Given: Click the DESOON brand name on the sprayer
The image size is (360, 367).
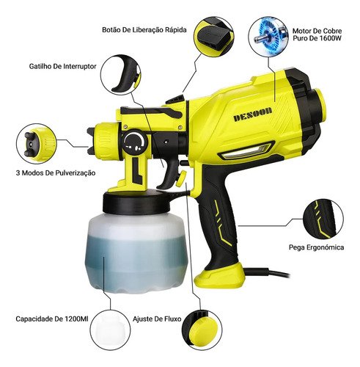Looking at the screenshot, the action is click(x=253, y=115).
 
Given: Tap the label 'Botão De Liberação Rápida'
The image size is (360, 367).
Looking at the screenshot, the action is click(x=144, y=30).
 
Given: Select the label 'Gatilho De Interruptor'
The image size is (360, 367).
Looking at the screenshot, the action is click(x=62, y=66).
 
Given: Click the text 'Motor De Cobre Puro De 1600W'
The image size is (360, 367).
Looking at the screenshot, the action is click(x=317, y=34).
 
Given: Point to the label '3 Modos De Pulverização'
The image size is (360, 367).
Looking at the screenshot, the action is click(x=56, y=172).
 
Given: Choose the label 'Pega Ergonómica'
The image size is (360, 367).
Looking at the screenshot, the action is click(x=316, y=247).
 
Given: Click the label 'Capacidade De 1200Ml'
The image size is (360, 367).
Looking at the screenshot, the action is click(x=52, y=319).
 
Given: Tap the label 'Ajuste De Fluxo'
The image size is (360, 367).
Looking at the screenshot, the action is click(x=157, y=319).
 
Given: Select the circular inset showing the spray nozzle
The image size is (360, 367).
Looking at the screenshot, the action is click(x=37, y=144).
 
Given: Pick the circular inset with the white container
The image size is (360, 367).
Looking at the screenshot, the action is click(x=110, y=330).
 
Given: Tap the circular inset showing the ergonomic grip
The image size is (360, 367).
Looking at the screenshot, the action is click(x=323, y=219).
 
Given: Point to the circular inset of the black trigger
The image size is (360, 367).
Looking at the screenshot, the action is click(x=121, y=75).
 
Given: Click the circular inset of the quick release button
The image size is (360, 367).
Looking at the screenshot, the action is click(x=214, y=37).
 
